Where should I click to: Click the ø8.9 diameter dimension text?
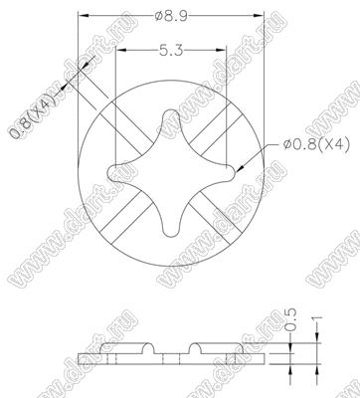point(171,16)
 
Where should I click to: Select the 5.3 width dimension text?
point(171,51)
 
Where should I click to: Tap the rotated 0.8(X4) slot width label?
point(32,114)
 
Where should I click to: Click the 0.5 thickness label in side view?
point(290,319)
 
